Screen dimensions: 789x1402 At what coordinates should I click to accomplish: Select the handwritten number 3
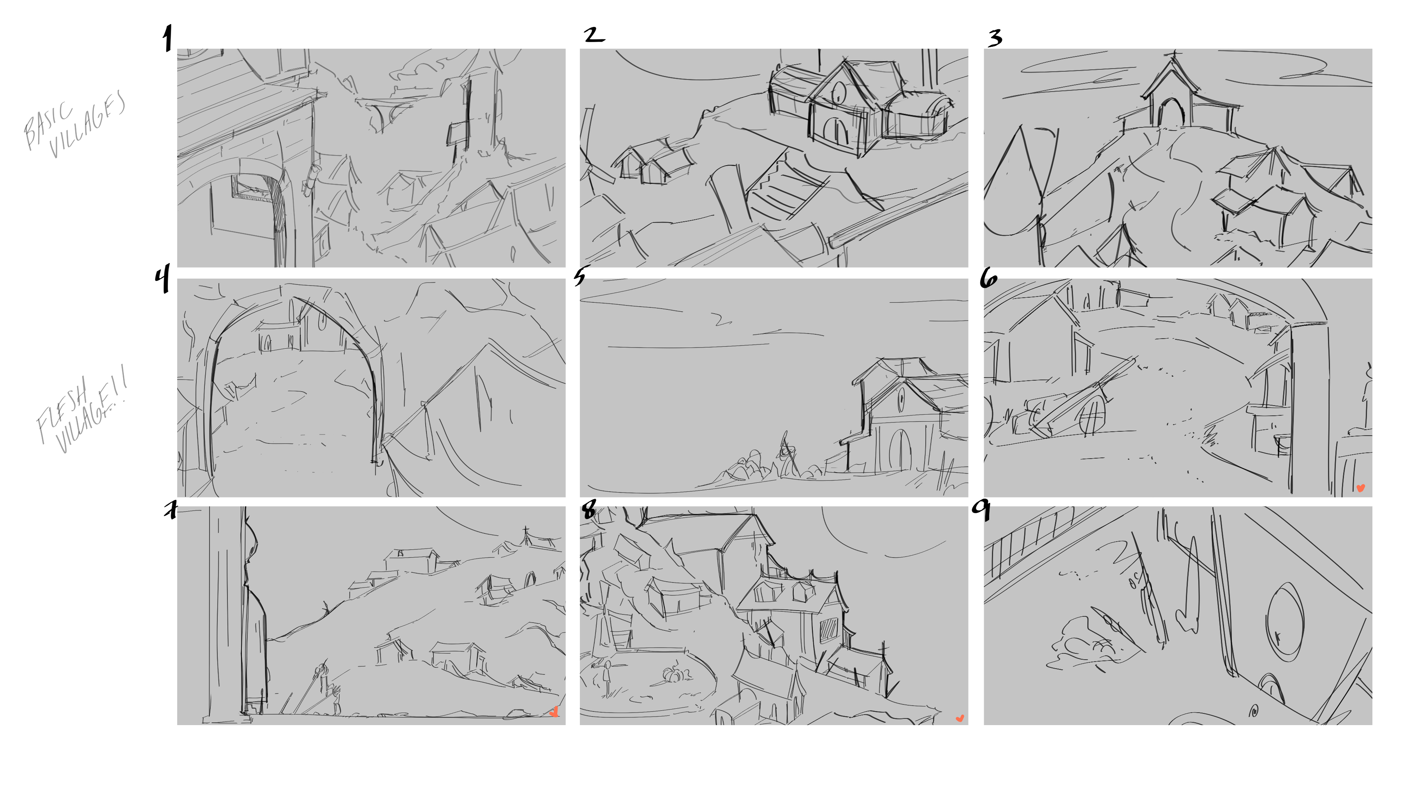995,38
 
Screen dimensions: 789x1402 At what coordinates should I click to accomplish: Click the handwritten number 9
982,510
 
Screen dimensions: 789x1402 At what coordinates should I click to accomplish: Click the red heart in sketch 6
1360,488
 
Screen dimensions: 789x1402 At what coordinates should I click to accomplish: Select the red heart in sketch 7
554,712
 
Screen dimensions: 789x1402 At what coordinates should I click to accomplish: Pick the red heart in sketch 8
960,719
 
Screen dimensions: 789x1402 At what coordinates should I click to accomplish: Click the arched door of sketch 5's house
900,450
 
